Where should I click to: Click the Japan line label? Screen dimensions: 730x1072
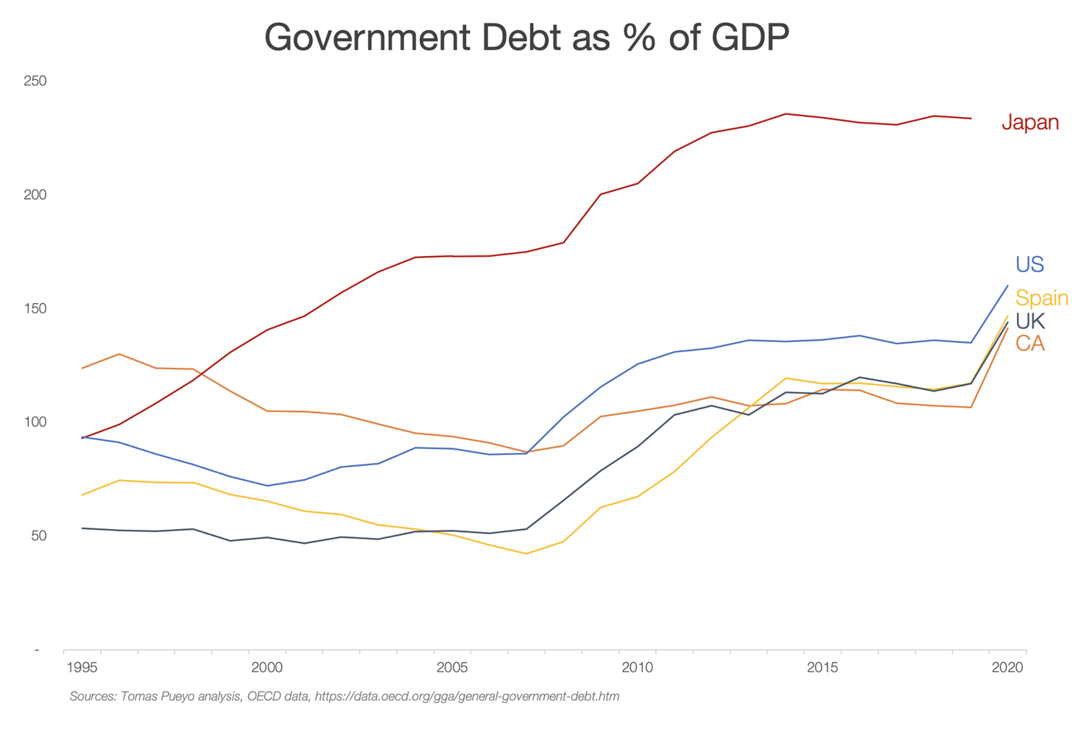pos(1030,122)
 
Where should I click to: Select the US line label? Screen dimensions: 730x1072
pos(1029,264)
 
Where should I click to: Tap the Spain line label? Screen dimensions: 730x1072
pos(1041,297)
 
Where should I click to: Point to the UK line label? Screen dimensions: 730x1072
pos(1030,321)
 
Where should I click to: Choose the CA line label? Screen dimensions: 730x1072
pos(1030,343)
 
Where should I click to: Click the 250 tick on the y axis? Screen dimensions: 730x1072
pos(35,81)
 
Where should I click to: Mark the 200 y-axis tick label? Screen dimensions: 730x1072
pos(35,195)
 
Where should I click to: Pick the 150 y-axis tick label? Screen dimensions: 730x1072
pos(35,308)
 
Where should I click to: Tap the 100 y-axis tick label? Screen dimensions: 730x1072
pos(35,422)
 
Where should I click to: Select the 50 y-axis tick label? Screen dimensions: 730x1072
pos(38,536)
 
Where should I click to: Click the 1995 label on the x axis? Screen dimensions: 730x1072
pos(82,668)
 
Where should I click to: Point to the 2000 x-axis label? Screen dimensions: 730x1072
pos(267,668)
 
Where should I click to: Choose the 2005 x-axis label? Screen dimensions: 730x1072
pos(452,668)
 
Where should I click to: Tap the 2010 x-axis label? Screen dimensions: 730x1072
pos(637,668)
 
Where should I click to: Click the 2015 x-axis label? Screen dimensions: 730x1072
pos(822,668)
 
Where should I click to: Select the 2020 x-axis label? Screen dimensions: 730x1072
pos(1007,668)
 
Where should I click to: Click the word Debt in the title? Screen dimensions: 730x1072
pos(524,37)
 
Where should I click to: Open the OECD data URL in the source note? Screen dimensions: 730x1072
pos(467,696)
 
